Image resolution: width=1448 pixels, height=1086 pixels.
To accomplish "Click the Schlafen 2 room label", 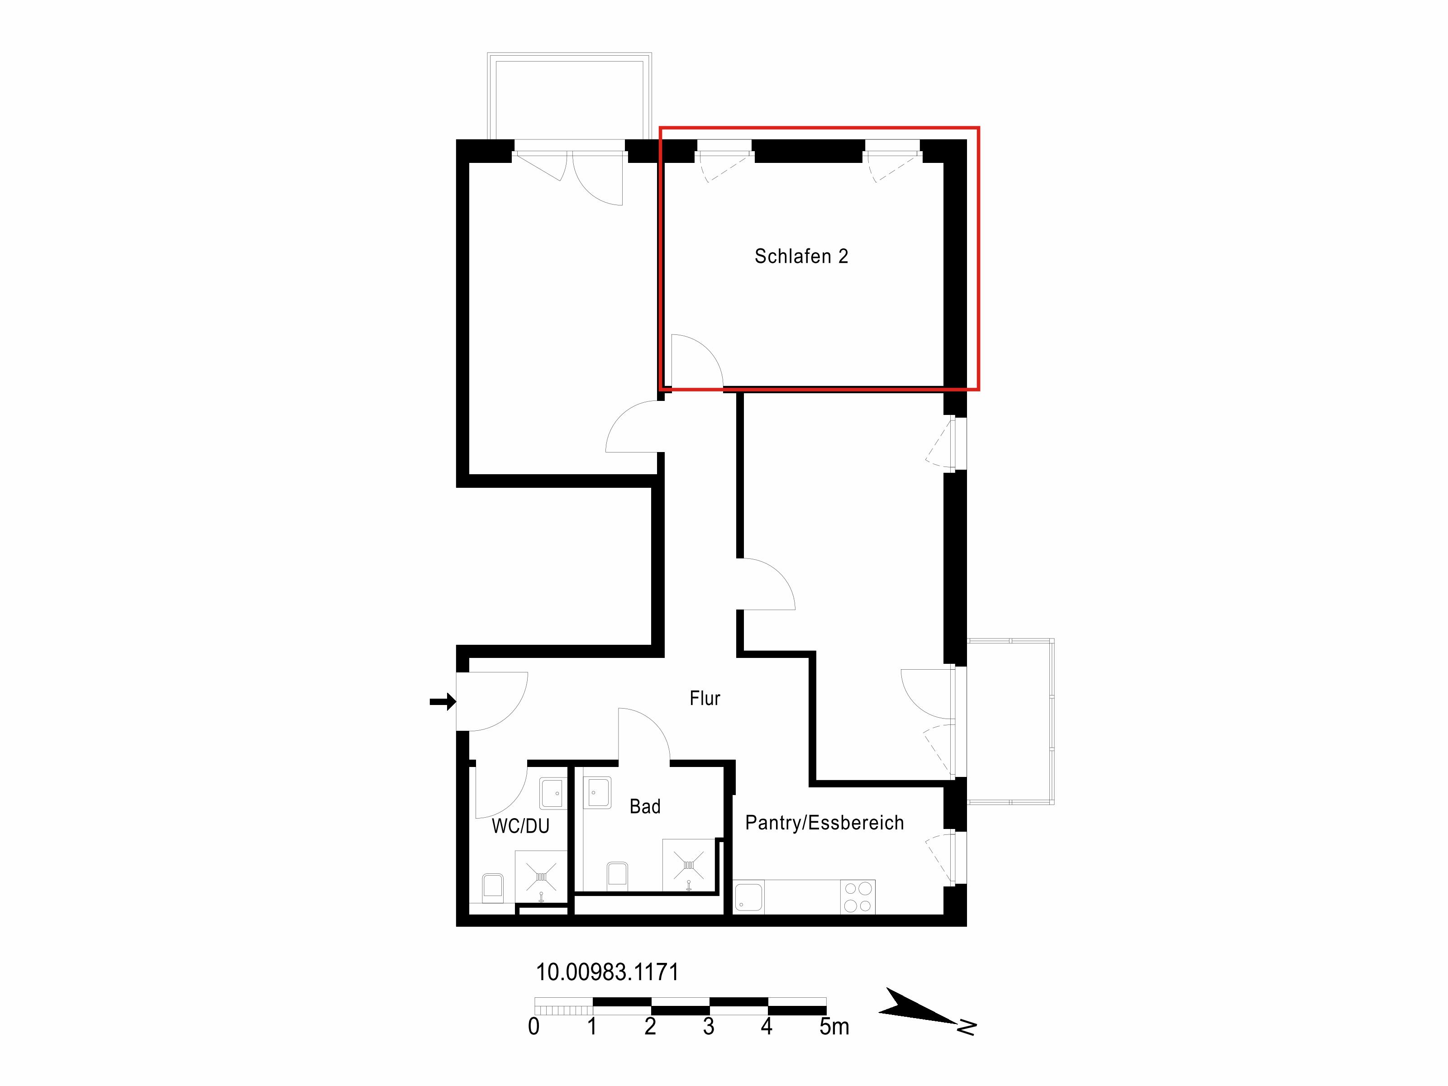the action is pyautogui.click(x=801, y=256).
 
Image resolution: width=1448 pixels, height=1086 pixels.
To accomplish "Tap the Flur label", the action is pyautogui.click(x=705, y=699).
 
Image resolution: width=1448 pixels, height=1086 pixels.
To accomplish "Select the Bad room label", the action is pyautogui.click(x=645, y=806).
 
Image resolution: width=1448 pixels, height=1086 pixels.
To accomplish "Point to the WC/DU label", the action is pyautogui.click(x=520, y=826).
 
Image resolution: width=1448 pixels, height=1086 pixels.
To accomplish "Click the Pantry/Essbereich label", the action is pyautogui.click(x=824, y=823).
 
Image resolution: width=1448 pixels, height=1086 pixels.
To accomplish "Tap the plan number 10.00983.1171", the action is pyautogui.click(x=607, y=972).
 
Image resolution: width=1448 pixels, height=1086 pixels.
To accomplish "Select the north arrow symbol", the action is pyautogui.click(x=926, y=1011).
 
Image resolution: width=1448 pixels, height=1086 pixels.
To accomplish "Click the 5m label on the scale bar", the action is pyautogui.click(x=834, y=1026).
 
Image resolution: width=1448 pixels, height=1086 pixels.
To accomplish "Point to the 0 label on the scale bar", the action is pyautogui.click(x=533, y=1026).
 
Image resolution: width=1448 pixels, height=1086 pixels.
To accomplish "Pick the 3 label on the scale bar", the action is pyautogui.click(x=708, y=1026).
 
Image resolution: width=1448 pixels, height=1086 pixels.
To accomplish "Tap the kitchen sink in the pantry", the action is pyautogui.click(x=748, y=897).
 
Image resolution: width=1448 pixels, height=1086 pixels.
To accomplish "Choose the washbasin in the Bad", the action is pyautogui.click(x=597, y=793).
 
